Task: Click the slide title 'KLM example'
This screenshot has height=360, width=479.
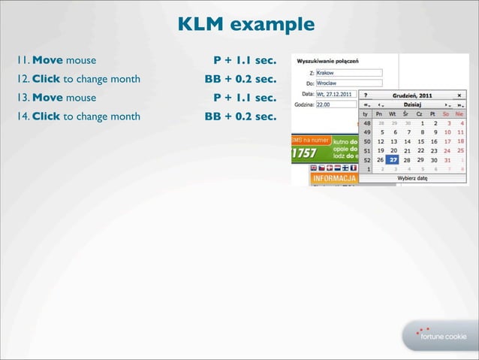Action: pos(246,25)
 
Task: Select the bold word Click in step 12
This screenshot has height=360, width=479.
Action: pos(47,78)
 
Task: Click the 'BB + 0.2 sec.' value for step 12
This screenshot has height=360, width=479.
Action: pos(240,78)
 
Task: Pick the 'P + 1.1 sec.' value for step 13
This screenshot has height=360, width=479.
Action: pos(244,98)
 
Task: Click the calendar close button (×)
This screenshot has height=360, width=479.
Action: pos(459,95)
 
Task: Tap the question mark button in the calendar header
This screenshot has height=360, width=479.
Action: pos(366,95)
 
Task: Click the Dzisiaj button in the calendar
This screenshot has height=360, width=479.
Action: pos(412,104)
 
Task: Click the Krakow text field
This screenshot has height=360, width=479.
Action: pos(348,73)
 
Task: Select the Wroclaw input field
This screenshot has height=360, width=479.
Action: pos(348,83)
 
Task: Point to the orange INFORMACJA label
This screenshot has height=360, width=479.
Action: pos(333,179)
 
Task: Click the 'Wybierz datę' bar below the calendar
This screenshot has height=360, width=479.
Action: pos(412,178)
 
